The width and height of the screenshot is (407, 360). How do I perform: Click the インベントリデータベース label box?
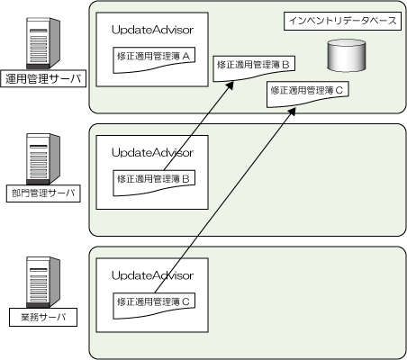342,21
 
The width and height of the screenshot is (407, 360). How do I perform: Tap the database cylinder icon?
347,55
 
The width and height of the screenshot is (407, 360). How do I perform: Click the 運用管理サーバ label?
43,78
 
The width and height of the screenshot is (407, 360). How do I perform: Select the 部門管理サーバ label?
43,193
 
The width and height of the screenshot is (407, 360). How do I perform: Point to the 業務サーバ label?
43,317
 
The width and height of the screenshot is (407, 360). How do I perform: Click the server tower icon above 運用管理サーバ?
43,43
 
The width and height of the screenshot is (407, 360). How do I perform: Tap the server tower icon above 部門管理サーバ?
43,159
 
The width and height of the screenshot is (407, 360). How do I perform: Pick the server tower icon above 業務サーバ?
43,283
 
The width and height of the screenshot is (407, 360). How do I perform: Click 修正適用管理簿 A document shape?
154,59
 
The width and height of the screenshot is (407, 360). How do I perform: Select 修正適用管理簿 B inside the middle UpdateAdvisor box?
154,183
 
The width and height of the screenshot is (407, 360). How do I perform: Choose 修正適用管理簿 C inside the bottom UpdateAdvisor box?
154,306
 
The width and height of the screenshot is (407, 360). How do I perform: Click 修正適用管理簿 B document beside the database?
254,68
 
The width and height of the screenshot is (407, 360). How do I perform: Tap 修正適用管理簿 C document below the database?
308,94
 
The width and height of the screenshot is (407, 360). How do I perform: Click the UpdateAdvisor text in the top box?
152,30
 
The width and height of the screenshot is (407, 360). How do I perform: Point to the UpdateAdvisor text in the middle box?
152,153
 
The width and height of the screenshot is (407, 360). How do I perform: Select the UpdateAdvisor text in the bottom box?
152,275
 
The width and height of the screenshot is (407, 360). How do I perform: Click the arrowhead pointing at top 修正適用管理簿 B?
230,85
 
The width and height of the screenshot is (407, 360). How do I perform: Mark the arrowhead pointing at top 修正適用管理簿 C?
293,112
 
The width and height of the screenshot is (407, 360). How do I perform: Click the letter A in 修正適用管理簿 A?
186,56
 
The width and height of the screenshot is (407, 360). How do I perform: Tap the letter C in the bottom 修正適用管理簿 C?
186,301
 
